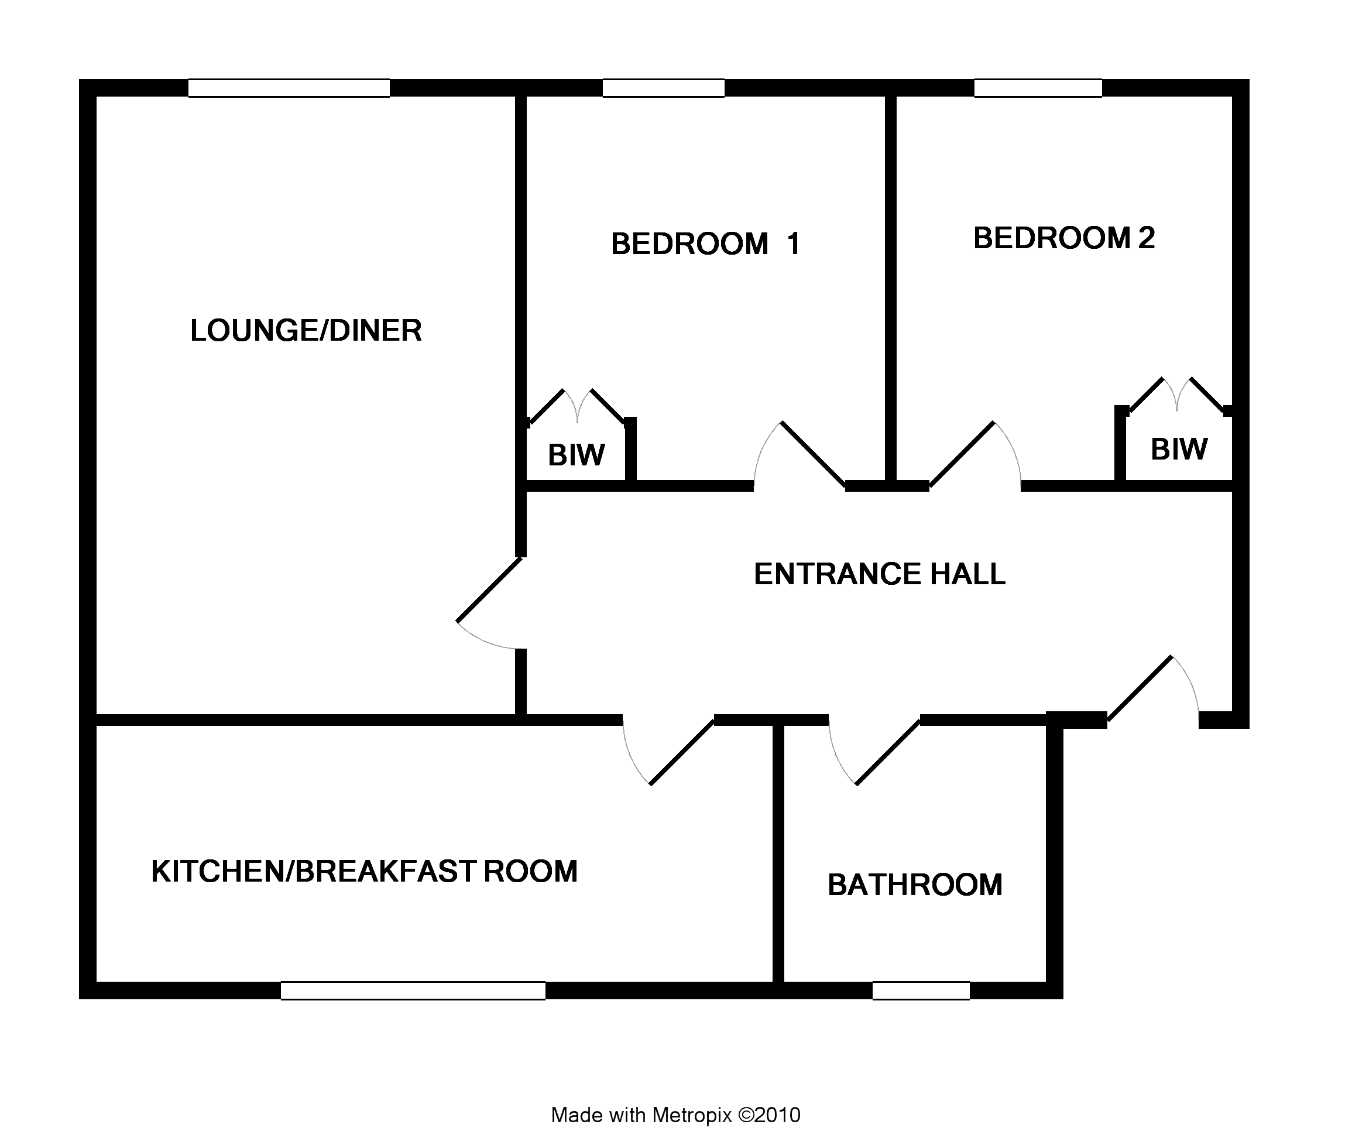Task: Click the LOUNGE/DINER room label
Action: [306, 330]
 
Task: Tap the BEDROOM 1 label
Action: [706, 244]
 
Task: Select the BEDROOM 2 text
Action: [1064, 238]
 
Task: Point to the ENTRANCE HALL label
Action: [880, 574]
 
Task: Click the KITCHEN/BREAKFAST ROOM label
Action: [365, 872]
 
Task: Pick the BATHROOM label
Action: [915, 885]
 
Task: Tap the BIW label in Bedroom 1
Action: [576, 455]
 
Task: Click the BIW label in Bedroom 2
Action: [1179, 449]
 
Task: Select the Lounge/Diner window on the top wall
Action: [289, 88]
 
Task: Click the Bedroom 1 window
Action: [664, 88]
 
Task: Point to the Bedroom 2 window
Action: [1038, 88]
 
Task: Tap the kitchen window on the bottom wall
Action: [413, 991]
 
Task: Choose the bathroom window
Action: [921, 991]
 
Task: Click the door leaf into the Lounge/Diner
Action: [489, 590]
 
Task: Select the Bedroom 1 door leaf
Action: [814, 454]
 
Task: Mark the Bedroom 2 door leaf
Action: [962, 454]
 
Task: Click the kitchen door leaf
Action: [682, 752]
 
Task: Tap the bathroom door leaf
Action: [888, 752]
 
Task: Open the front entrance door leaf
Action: [1140, 688]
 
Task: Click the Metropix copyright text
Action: [676, 1115]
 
